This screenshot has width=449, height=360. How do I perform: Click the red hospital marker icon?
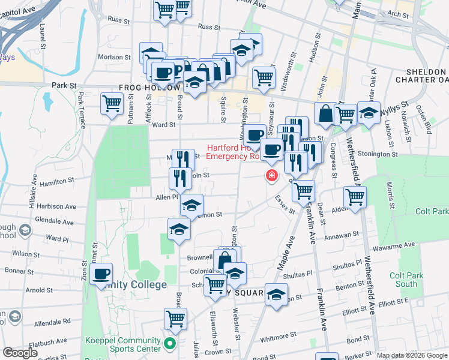271,175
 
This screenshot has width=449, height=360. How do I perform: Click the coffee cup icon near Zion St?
101,275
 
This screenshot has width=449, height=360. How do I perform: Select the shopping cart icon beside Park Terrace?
112,104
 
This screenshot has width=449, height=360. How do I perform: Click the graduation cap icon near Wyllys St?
369,112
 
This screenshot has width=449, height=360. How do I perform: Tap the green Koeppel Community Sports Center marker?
170,344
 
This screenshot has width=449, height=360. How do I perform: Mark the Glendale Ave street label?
53,220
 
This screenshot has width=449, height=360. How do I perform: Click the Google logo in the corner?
20,353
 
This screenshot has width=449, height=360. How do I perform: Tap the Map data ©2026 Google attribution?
412,355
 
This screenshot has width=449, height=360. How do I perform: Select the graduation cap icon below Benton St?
276,296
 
